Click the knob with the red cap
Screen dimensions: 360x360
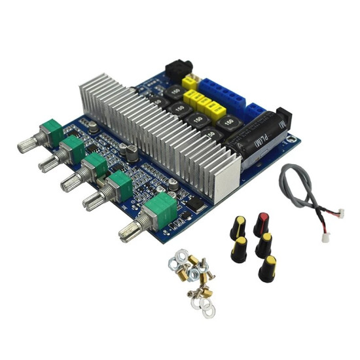(262, 223)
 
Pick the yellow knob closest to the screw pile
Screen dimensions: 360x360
(240, 249)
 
